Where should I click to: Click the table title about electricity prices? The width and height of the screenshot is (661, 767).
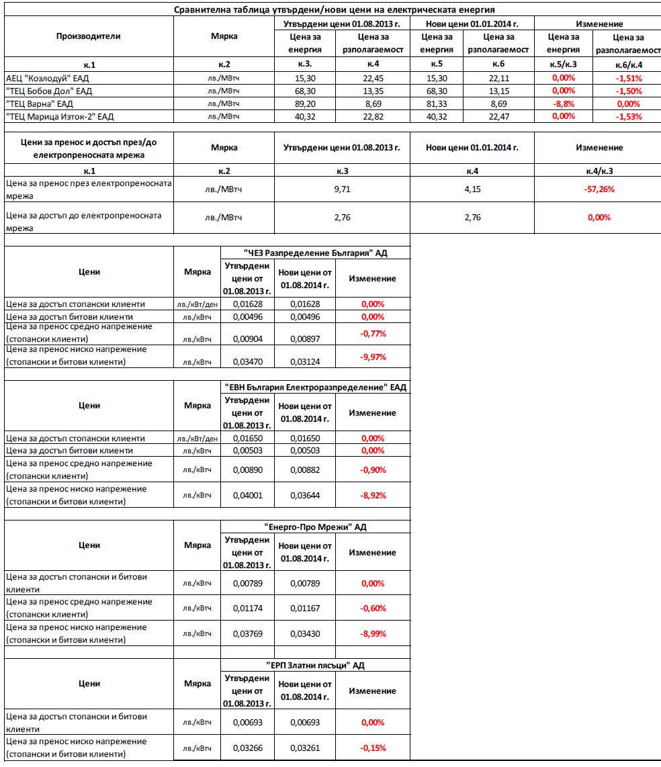pyautogui.click(x=334, y=10)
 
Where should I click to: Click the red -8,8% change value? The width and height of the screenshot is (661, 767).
pyautogui.click(x=563, y=104)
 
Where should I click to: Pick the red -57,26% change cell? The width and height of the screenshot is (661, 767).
pyautogui.click(x=599, y=189)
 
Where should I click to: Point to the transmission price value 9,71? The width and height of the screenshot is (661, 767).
pyautogui.click(x=343, y=189)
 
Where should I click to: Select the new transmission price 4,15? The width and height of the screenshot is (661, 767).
pyautogui.click(x=472, y=189)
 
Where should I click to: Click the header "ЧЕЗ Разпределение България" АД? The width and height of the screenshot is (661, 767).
pyautogui.click(x=315, y=253)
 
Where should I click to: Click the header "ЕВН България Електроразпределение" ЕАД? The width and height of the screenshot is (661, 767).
pyautogui.click(x=315, y=388)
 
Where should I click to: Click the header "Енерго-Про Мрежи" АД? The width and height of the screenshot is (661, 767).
pyautogui.click(x=315, y=527)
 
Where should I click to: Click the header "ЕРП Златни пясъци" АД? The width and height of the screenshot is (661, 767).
pyautogui.click(x=315, y=666)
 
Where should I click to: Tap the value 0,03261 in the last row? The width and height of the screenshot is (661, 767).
pyautogui.click(x=306, y=748)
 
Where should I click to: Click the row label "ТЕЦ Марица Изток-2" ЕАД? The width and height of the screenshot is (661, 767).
pyautogui.click(x=60, y=117)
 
